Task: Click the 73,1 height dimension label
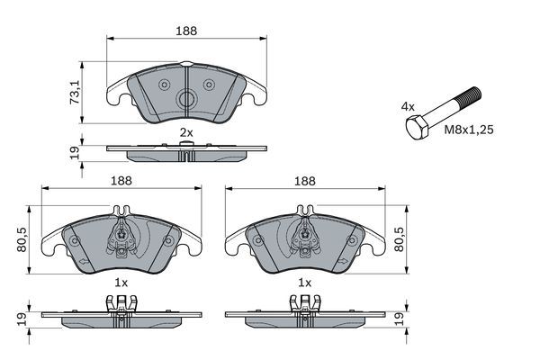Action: (75, 90)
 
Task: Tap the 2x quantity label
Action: (186, 132)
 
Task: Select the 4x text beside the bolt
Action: (408, 106)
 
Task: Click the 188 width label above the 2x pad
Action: (186, 31)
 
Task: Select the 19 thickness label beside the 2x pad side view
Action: (75, 152)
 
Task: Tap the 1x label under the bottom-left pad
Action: (121, 283)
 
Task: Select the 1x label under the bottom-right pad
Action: (305, 283)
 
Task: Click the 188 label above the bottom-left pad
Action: (121, 180)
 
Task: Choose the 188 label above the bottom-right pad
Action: (305, 180)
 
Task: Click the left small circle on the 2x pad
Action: (165, 85)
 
